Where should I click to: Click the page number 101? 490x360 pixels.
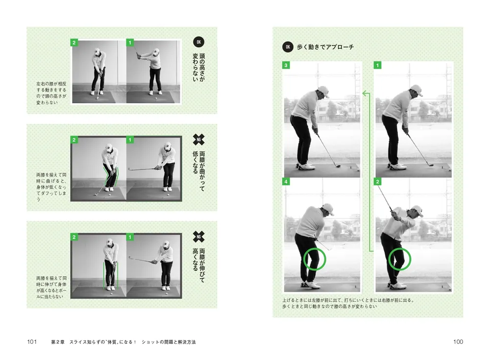pyautogui.click(x=32, y=341)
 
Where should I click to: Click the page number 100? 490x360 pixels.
pyautogui.click(x=458, y=341)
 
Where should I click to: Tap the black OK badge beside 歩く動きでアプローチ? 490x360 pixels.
pyautogui.click(x=288, y=47)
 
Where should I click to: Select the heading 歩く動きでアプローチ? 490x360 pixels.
pyautogui.click(x=325, y=47)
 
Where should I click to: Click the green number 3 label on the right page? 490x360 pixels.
pyautogui.click(x=286, y=65)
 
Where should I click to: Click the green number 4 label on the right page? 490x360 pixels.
pyautogui.click(x=286, y=182)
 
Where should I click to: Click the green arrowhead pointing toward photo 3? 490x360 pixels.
pyautogui.click(x=365, y=93)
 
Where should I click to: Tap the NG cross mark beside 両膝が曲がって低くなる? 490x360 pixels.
pyautogui.click(x=198, y=140)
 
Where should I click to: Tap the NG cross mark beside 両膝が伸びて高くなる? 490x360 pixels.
pyautogui.click(x=198, y=237)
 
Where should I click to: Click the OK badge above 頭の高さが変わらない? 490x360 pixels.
pyautogui.click(x=199, y=42)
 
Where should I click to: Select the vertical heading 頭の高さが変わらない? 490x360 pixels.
pyautogui.click(x=199, y=67)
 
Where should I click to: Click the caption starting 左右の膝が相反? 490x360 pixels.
pyautogui.click(x=51, y=93)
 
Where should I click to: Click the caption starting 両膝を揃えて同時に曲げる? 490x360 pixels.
pyautogui.click(x=51, y=187)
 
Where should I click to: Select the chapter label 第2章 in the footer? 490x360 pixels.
pyautogui.click(x=58, y=342)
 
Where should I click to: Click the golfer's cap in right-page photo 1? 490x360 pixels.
pyautogui.click(x=417, y=90)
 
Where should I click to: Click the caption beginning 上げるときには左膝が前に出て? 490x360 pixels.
pyautogui.click(x=348, y=303)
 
